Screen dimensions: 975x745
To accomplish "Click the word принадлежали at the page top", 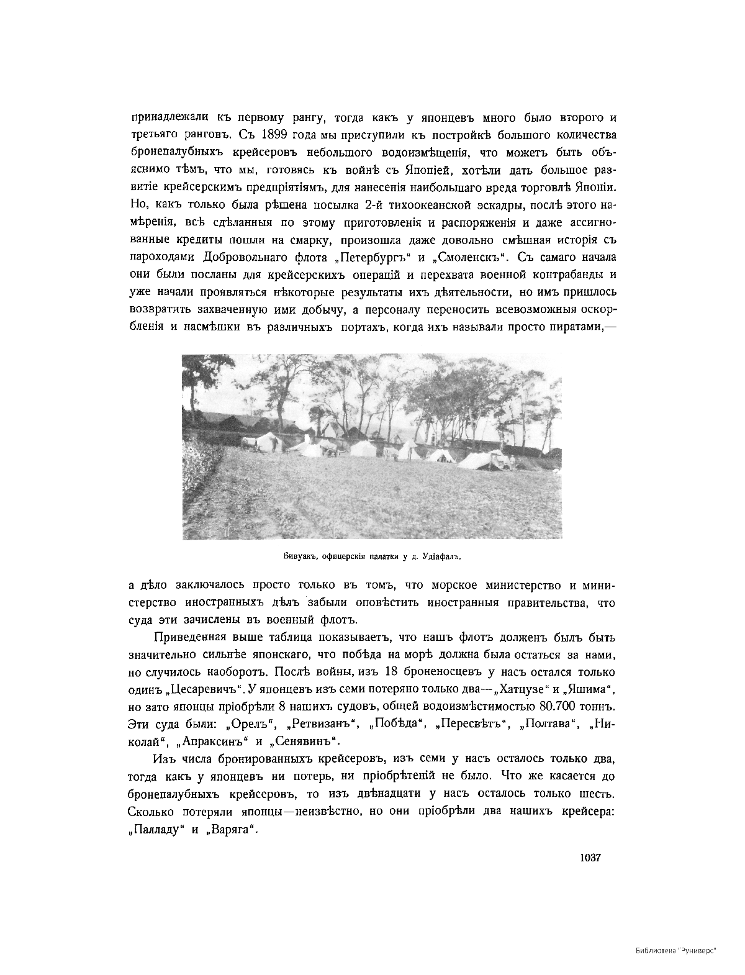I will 165,117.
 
